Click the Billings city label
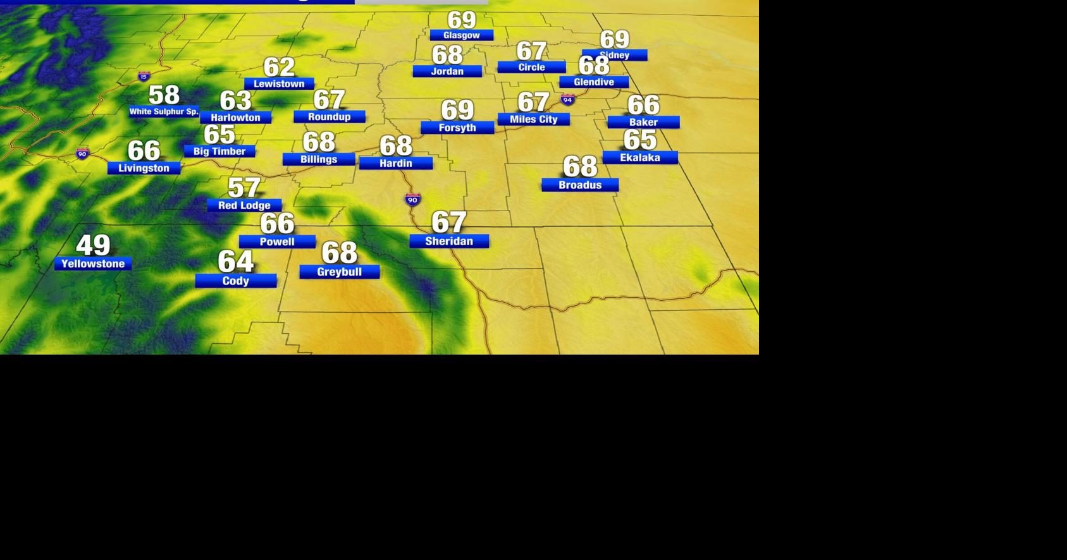(x=319, y=159)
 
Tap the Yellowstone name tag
(x=93, y=264)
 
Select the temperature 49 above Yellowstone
(x=93, y=245)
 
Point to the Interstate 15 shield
(x=144, y=76)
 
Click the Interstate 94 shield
(x=567, y=100)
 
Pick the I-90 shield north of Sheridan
(x=412, y=200)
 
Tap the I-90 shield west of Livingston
(x=82, y=154)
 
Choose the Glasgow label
(x=461, y=35)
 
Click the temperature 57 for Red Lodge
(x=244, y=188)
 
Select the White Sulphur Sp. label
(x=164, y=112)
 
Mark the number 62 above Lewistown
(x=279, y=66)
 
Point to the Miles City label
(x=533, y=119)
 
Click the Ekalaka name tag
(x=640, y=158)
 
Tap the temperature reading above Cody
(x=236, y=261)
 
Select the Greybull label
(x=340, y=272)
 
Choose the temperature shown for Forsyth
(x=457, y=110)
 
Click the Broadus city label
(x=580, y=185)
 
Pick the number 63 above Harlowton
(x=236, y=100)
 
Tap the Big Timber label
(x=219, y=152)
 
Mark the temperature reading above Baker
(x=643, y=105)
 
